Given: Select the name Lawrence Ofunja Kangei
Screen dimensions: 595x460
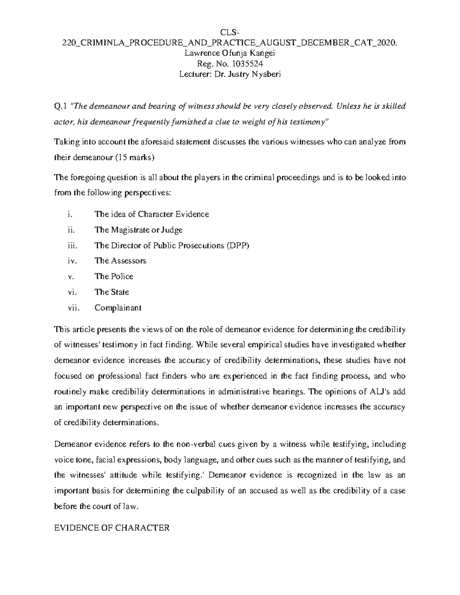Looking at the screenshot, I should coord(230,53).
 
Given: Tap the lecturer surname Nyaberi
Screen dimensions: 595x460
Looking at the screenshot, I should coord(266,74).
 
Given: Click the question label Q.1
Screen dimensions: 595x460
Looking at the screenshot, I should coord(61,106).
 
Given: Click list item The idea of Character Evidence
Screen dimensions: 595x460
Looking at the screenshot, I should coord(151,214).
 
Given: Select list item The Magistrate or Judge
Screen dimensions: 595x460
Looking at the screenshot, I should coord(138,230).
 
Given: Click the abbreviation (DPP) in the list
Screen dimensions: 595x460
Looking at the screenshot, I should coord(238,246).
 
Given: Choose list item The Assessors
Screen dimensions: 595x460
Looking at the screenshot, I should coord(120,261).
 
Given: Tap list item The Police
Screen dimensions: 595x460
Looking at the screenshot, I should coord(114,277).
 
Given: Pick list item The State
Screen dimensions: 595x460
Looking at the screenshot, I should coord(112,292).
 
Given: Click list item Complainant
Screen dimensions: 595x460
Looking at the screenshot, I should coord(118,308).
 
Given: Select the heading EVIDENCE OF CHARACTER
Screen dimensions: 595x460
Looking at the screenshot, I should coord(112,528).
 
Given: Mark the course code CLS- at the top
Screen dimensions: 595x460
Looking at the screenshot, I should coord(230,32).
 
